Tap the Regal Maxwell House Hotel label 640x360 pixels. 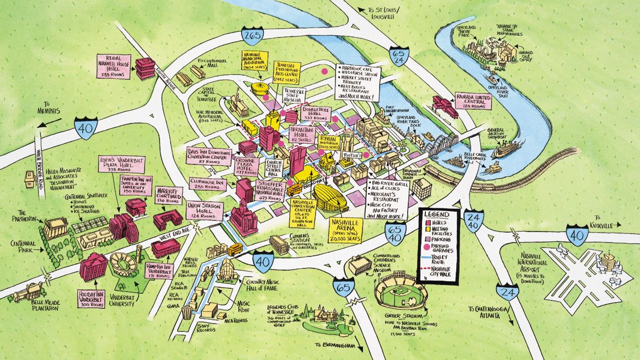(x=113, y=65)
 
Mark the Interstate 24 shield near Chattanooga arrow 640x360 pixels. (x=507, y=291)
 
